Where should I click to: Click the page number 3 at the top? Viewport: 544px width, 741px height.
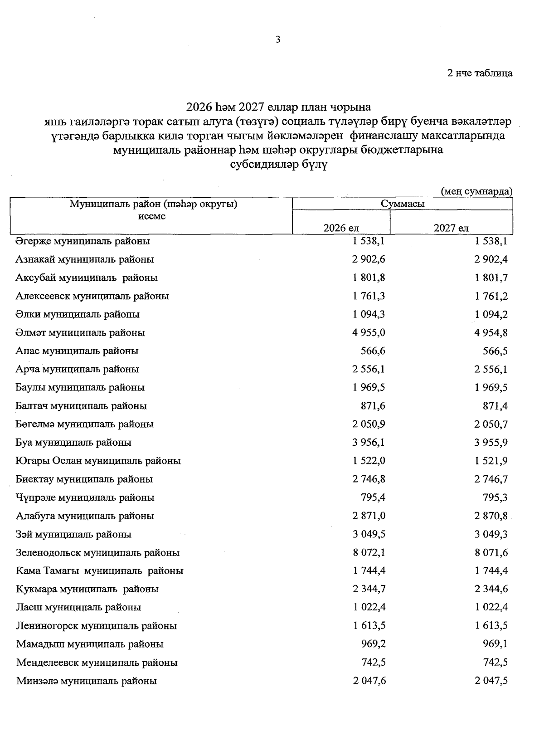(x=278, y=40)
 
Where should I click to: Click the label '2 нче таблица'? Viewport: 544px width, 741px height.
(x=480, y=73)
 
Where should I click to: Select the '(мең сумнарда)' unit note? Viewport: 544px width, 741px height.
(x=477, y=191)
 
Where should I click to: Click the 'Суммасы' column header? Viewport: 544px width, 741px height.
(x=403, y=204)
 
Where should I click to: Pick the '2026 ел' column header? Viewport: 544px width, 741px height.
(x=341, y=228)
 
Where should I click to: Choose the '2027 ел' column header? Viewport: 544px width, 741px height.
(x=451, y=228)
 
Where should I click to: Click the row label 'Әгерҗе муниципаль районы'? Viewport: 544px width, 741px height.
(x=83, y=241)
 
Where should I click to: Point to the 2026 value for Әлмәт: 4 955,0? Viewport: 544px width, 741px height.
(x=369, y=333)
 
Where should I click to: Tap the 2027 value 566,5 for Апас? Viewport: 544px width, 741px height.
(x=495, y=351)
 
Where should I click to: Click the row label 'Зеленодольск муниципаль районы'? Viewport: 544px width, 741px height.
(x=97, y=553)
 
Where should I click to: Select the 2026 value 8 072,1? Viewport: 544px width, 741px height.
(x=369, y=553)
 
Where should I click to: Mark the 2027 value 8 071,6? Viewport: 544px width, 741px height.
(x=491, y=553)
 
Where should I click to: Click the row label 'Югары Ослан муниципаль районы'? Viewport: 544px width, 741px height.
(x=98, y=461)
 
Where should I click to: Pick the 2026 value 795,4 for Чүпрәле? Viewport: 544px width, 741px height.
(x=373, y=498)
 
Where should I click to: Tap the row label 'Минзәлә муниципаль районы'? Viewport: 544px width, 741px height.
(x=87, y=681)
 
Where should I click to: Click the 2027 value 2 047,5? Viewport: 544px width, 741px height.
(x=491, y=681)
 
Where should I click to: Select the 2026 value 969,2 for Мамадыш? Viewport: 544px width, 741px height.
(x=373, y=644)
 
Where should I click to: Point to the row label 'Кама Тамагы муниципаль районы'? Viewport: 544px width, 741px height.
(x=99, y=571)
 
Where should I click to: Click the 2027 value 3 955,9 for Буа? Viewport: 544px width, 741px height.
(x=491, y=443)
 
